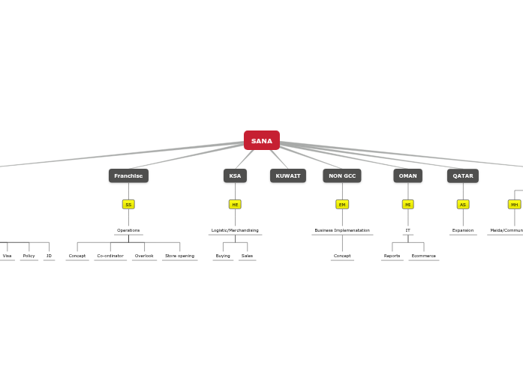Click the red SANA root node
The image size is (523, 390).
(261, 140)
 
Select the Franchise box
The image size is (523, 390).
(128, 175)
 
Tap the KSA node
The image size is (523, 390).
(235, 175)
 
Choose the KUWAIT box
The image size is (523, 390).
(288, 175)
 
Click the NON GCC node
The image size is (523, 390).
(342, 175)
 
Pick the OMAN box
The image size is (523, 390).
(407, 175)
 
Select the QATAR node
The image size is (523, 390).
(463, 175)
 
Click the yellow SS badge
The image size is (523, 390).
(128, 204)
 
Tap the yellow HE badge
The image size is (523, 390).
(235, 204)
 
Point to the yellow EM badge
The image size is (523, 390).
(342, 204)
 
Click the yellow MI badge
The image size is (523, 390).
(407, 204)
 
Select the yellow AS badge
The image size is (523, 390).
(463, 204)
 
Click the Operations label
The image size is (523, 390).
(128, 230)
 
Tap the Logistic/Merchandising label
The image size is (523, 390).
(235, 230)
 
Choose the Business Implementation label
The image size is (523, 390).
(342, 230)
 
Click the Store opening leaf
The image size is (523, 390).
(179, 256)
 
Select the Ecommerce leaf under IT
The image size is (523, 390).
(423, 256)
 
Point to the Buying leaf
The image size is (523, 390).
(223, 256)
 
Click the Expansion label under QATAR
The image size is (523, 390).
(463, 230)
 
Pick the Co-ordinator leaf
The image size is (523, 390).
(110, 256)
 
